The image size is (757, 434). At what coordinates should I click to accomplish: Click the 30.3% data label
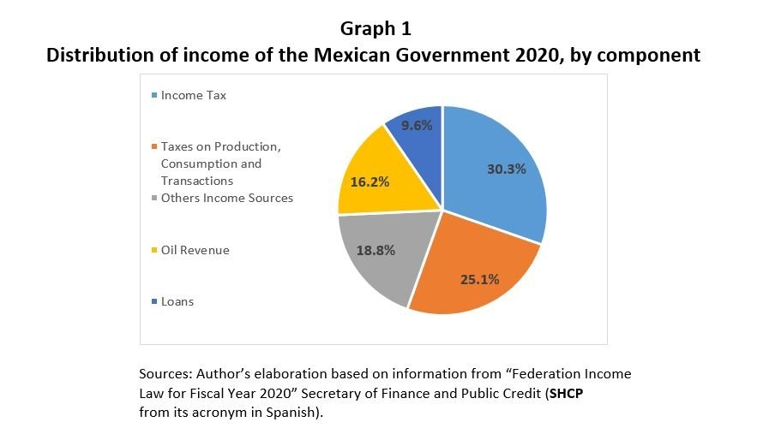(506, 169)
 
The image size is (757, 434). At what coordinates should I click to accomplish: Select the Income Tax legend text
(194, 96)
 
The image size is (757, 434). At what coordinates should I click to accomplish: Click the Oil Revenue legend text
(195, 250)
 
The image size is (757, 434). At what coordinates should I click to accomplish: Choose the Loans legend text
(177, 301)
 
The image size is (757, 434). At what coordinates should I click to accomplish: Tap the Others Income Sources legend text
(227, 198)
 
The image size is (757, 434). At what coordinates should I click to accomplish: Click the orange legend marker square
(154, 147)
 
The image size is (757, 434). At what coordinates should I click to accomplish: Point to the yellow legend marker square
(154, 251)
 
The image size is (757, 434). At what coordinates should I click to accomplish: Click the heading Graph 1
(375, 28)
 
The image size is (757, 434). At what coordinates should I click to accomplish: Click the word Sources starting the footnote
(164, 375)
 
